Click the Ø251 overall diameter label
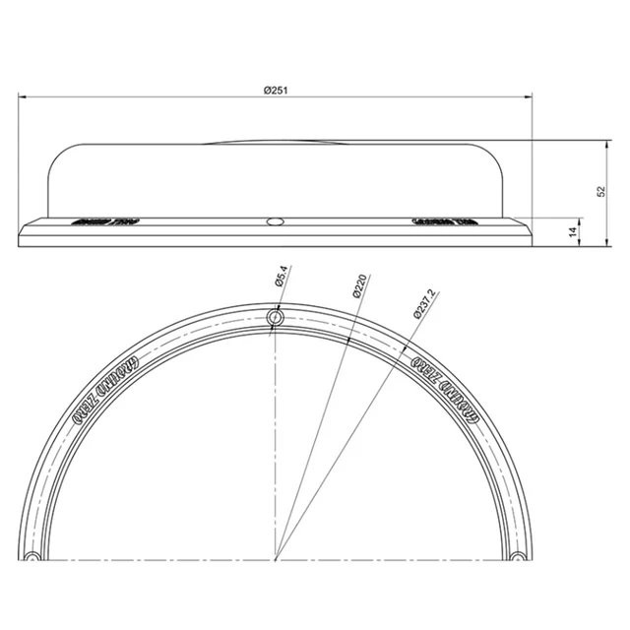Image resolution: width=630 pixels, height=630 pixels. (x=276, y=90)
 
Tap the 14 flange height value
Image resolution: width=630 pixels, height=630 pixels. (x=573, y=232)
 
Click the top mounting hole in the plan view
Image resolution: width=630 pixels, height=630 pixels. (x=277, y=317)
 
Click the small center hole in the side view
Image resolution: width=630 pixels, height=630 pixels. (x=277, y=220)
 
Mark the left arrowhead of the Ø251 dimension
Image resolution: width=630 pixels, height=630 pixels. (x=22, y=96)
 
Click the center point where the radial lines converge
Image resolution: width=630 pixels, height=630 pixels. (x=277, y=558)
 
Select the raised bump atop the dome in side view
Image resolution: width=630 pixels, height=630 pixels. (x=277, y=142)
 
